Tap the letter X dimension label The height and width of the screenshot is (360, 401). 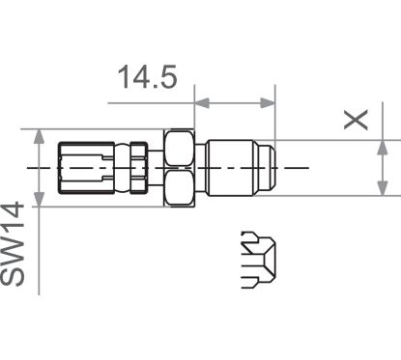click(x=358, y=119)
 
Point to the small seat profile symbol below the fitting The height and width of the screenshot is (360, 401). click(x=258, y=260)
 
